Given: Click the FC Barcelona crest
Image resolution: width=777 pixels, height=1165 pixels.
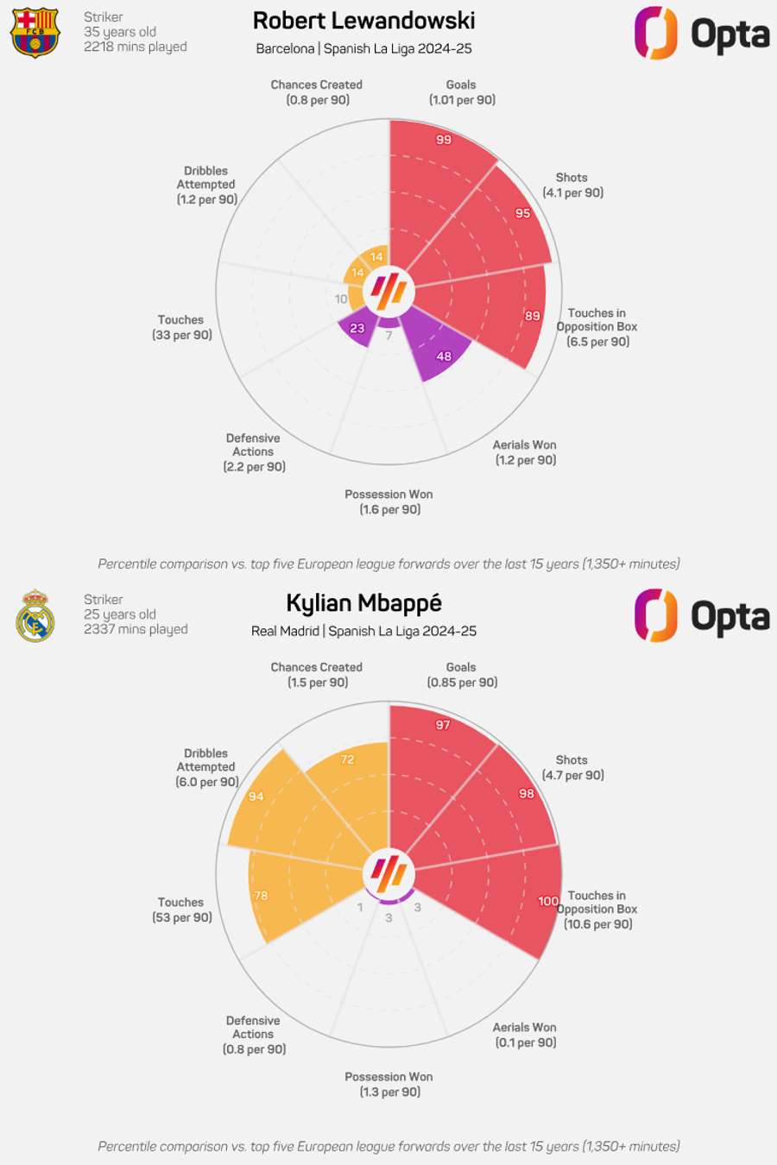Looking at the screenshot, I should [35, 33].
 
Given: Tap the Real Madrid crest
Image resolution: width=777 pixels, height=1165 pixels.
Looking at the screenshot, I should [35, 615].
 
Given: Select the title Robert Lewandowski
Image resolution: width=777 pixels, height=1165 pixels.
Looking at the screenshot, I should [363, 21].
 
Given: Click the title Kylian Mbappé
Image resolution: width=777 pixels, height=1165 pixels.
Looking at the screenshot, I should [363, 603].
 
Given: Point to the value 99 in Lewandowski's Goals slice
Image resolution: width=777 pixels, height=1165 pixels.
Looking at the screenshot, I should [444, 140].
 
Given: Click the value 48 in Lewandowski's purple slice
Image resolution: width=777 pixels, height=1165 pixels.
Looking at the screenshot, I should [444, 356].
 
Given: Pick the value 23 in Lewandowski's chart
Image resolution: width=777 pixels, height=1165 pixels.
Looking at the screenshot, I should [357, 328].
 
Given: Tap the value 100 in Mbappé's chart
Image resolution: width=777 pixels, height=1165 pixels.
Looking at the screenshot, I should [548, 901].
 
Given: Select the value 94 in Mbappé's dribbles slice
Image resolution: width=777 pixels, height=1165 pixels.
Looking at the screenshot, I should [256, 797].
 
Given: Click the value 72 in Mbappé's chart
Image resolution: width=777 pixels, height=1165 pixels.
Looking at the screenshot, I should [347, 759].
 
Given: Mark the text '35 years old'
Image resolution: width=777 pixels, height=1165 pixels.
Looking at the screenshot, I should [120, 32].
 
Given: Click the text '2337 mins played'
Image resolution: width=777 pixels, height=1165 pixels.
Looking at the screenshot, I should [136, 629].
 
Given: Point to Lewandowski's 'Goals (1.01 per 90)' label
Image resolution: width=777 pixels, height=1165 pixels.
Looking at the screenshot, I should [462, 92].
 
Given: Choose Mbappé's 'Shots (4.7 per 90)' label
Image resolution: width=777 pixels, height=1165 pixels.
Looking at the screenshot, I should [572, 767].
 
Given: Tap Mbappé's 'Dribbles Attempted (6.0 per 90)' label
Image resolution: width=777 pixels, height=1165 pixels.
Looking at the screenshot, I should [206, 767].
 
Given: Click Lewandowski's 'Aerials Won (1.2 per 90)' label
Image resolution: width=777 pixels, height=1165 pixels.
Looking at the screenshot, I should [525, 452].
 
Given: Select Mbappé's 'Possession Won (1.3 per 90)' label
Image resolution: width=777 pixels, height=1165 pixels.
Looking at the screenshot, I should [389, 1084].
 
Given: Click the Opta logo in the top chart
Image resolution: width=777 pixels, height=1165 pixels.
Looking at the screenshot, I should [702, 34].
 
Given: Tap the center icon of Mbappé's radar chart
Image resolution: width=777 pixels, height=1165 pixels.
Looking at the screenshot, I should [388, 873].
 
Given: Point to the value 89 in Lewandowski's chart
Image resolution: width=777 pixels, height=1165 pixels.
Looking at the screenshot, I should [533, 316].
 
